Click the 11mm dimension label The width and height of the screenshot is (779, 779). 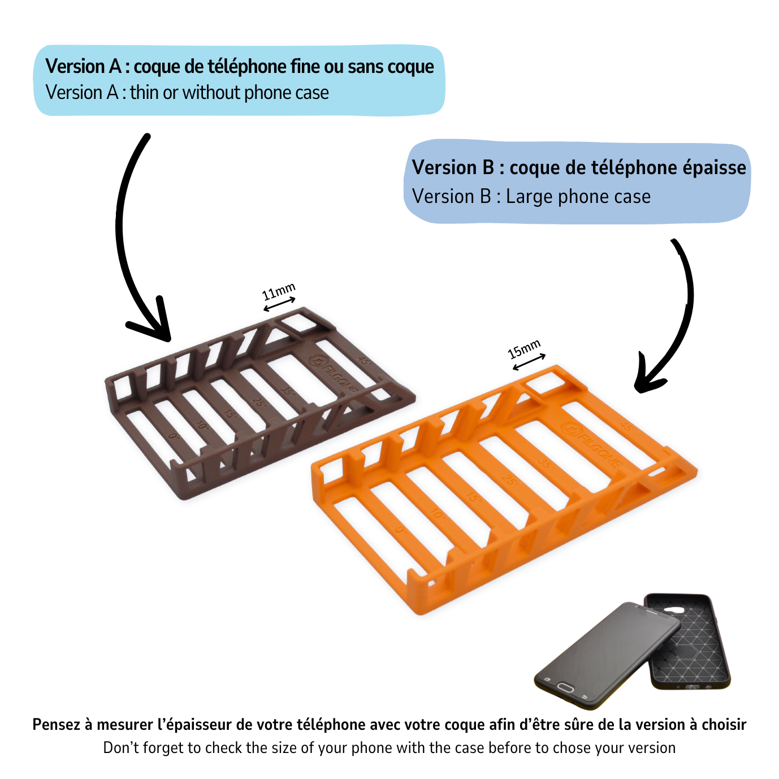[278, 292]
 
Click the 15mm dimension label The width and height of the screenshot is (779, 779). [524, 349]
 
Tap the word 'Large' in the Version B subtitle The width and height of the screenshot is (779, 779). [529, 197]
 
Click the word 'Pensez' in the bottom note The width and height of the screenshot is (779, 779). [57, 725]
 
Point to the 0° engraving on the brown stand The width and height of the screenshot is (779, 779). [174, 436]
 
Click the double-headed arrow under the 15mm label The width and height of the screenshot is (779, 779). [529, 362]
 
